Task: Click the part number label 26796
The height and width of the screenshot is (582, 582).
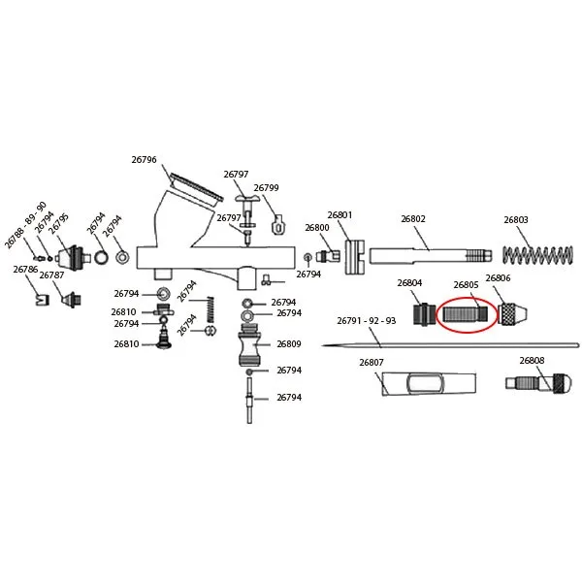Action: point(144,160)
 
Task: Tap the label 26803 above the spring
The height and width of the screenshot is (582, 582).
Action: point(516,220)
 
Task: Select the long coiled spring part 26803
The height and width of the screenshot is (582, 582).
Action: point(537,254)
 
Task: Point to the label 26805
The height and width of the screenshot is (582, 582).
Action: point(466,285)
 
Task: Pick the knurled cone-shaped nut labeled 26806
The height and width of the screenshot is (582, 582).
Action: point(512,314)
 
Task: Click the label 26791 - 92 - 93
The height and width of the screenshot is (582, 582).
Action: point(367,321)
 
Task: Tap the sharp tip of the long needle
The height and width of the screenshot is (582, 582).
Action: point(322,345)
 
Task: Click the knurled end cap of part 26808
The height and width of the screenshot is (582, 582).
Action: point(563,383)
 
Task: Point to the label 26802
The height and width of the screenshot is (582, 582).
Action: point(413,219)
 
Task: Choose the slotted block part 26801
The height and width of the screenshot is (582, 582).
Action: point(354,257)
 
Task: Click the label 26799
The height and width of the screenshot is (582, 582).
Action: point(266,188)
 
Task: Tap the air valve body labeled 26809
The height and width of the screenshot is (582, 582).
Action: point(249,344)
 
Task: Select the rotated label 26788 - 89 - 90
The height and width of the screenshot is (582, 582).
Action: point(25,225)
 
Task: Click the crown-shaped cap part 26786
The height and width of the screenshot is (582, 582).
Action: point(43,300)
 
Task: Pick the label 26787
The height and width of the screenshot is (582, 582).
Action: point(51,275)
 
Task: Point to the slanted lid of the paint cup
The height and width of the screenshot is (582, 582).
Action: point(197,187)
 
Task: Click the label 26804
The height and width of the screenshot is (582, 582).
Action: point(409,283)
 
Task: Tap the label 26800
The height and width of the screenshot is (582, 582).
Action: point(317,228)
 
